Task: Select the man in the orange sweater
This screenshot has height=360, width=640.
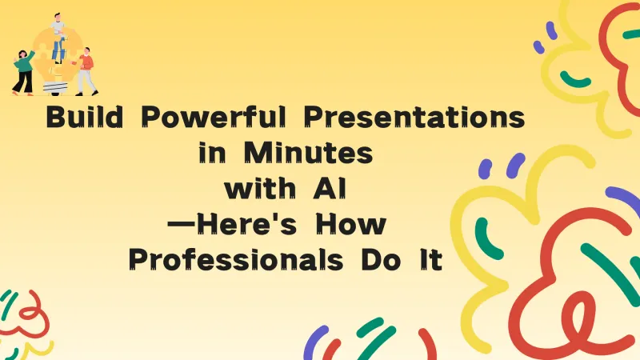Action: tap(86, 64)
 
